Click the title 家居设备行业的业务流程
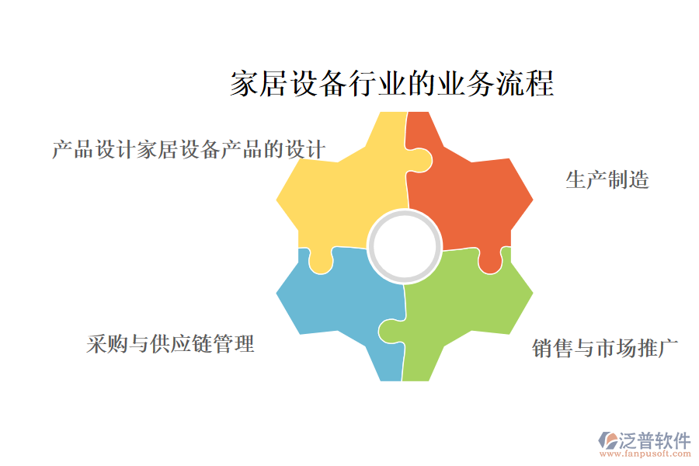392,83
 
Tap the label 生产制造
607,179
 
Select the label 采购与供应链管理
170,344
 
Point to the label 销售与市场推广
604,348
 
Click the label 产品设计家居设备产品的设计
189,149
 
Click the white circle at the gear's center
405,246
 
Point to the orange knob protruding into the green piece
490,262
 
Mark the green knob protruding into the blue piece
391,331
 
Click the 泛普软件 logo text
655,440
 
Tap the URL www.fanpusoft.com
645,454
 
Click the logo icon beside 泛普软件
608,440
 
